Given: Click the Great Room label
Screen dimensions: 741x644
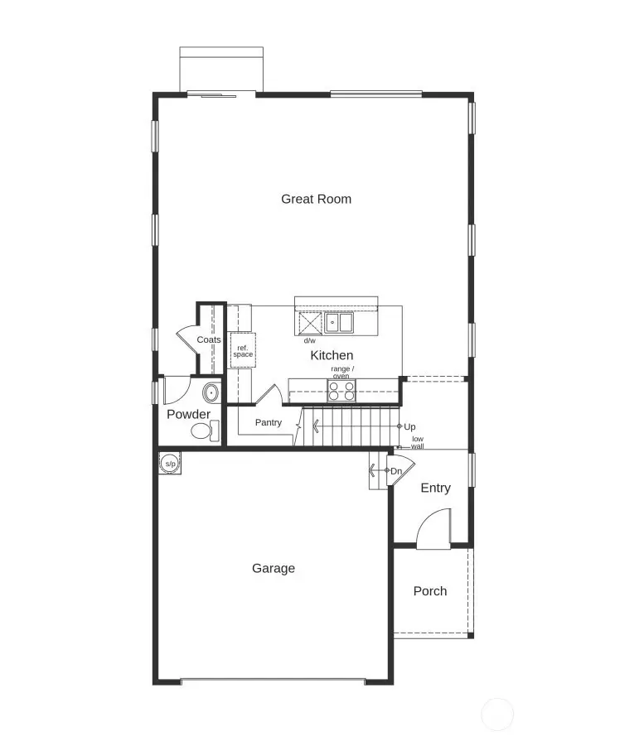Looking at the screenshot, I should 316,199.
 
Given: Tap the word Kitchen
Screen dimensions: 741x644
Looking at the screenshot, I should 332,355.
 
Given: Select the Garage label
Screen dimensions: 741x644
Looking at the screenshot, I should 273,569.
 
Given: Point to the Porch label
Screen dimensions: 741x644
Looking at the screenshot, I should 429,591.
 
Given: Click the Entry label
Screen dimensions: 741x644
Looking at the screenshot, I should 435,488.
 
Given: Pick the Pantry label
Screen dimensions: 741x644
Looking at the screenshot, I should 268,422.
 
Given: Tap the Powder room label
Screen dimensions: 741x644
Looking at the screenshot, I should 188,414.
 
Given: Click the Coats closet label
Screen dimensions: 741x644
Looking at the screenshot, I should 209,340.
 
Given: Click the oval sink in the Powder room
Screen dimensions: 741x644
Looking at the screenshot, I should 211,392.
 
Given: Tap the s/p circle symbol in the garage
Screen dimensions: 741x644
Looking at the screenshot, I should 170,464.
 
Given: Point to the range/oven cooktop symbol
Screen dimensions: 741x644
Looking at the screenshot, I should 341,390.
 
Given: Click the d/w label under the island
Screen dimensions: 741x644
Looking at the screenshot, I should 309,340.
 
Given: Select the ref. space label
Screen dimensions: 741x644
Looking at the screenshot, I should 243,351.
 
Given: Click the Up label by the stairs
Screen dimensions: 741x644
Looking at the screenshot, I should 409,426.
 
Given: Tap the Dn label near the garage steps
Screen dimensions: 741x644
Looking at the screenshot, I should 396,471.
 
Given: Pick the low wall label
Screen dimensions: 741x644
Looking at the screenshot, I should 418,442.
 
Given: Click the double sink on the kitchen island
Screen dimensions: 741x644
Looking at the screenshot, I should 339,322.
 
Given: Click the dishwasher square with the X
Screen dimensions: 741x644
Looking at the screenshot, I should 310,322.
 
